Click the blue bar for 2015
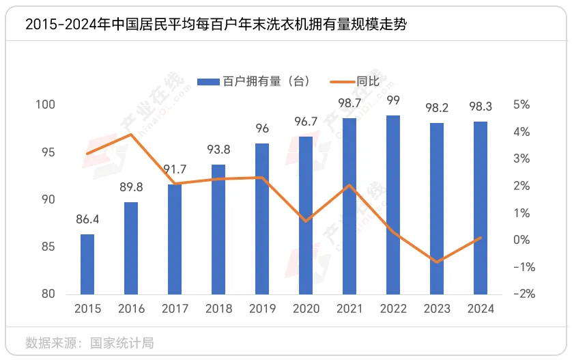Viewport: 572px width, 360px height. click(87, 264)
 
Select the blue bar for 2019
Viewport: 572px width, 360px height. click(262, 219)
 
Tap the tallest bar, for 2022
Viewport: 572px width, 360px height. click(393, 205)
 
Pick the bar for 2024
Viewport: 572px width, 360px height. click(481, 208)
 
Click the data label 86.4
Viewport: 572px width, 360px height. click(87, 219)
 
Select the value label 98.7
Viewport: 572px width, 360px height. click(349, 102)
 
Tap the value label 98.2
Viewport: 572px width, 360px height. click(437, 108)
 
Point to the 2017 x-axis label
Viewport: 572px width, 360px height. click(175, 309)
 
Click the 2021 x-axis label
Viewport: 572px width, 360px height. click(349, 309)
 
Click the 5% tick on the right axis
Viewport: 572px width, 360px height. click(521, 105)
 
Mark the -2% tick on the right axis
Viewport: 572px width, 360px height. click(521, 294)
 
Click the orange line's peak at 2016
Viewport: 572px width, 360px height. click(131, 135)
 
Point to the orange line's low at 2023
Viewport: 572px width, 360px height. click(437, 262)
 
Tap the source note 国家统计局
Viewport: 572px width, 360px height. click(122, 342)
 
